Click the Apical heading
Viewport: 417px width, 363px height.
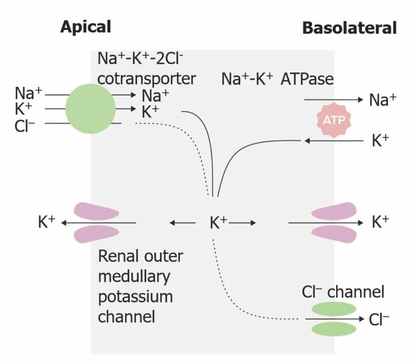[x=85, y=27]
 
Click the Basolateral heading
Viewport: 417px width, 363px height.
[x=349, y=28]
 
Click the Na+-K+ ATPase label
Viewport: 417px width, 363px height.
[x=277, y=79]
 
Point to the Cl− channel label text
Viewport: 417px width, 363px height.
[x=343, y=292]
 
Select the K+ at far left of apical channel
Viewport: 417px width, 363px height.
[x=47, y=222]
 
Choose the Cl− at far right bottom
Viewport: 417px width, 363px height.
[x=379, y=320]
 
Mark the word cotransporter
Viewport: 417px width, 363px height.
[x=146, y=78]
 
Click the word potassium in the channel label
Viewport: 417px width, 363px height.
[x=135, y=297]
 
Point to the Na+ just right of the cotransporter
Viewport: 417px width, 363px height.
[x=155, y=96]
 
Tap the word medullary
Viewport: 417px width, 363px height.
[x=134, y=276]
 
